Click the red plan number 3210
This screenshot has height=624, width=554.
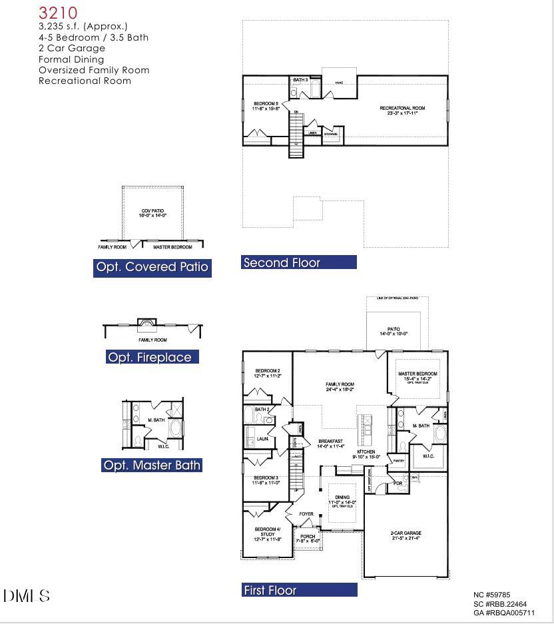[x=58, y=13]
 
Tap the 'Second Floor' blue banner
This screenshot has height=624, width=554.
[x=298, y=263]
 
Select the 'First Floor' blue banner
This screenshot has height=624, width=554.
[x=298, y=590]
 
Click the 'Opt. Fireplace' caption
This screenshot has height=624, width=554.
[x=152, y=358]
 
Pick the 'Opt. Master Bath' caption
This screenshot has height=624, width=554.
[x=152, y=466]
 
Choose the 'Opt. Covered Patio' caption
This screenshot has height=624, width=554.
[x=152, y=268]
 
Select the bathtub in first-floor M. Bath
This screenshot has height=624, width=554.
[x=440, y=434]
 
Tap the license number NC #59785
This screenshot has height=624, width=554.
[x=491, y=595]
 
